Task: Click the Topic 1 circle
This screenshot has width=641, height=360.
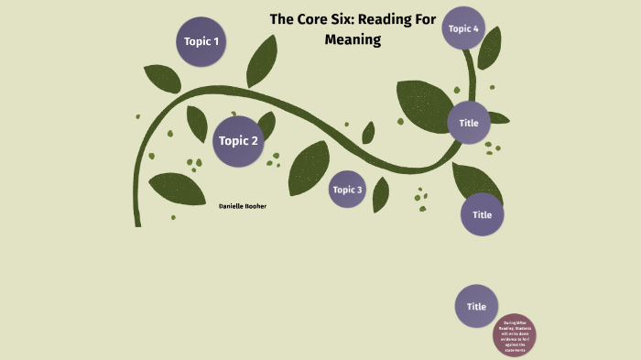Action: pos(201,41)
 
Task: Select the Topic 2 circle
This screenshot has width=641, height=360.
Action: pos(239,141)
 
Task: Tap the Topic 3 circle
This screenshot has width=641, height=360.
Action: pos(348,190)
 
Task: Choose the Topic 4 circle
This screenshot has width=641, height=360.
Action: pos(463,28)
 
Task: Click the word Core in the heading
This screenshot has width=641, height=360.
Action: pos(315,18)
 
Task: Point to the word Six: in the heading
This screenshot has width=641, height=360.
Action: pos(353,18)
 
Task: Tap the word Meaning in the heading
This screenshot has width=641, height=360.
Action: pos(353,40)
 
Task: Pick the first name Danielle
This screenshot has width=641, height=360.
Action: pos(234,206)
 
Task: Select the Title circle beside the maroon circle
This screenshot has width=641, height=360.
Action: pos(476,306)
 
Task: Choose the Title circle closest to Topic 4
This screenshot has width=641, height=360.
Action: pos(469,123)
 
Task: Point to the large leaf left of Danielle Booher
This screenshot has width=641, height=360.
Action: pos(178,188)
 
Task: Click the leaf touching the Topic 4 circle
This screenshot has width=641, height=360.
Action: pos(490,47)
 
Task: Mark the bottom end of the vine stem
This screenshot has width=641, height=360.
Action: pos(137,223)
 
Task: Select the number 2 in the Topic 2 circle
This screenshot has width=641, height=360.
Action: pos(255,141)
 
